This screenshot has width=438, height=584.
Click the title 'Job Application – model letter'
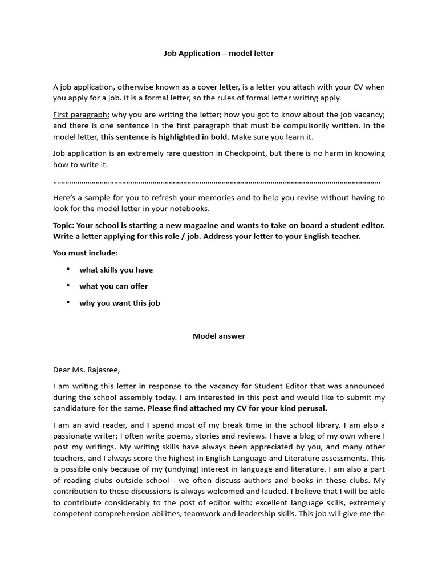[x=219, y=54]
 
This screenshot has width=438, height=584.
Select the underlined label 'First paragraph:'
[x=81, y=115]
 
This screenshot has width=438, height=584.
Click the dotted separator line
[x=217, y=182]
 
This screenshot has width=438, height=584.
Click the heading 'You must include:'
[x=86, y=253]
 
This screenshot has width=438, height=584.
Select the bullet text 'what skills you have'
[x=116, y=270]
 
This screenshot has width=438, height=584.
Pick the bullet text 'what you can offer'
[x=113, y=286]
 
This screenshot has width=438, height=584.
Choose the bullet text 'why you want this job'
[x=120, y=303]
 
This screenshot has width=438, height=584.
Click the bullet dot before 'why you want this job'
[x=68, y=302]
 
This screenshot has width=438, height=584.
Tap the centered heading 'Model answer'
[x=219, y=336]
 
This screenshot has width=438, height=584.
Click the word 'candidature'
[x=77, y=408]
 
